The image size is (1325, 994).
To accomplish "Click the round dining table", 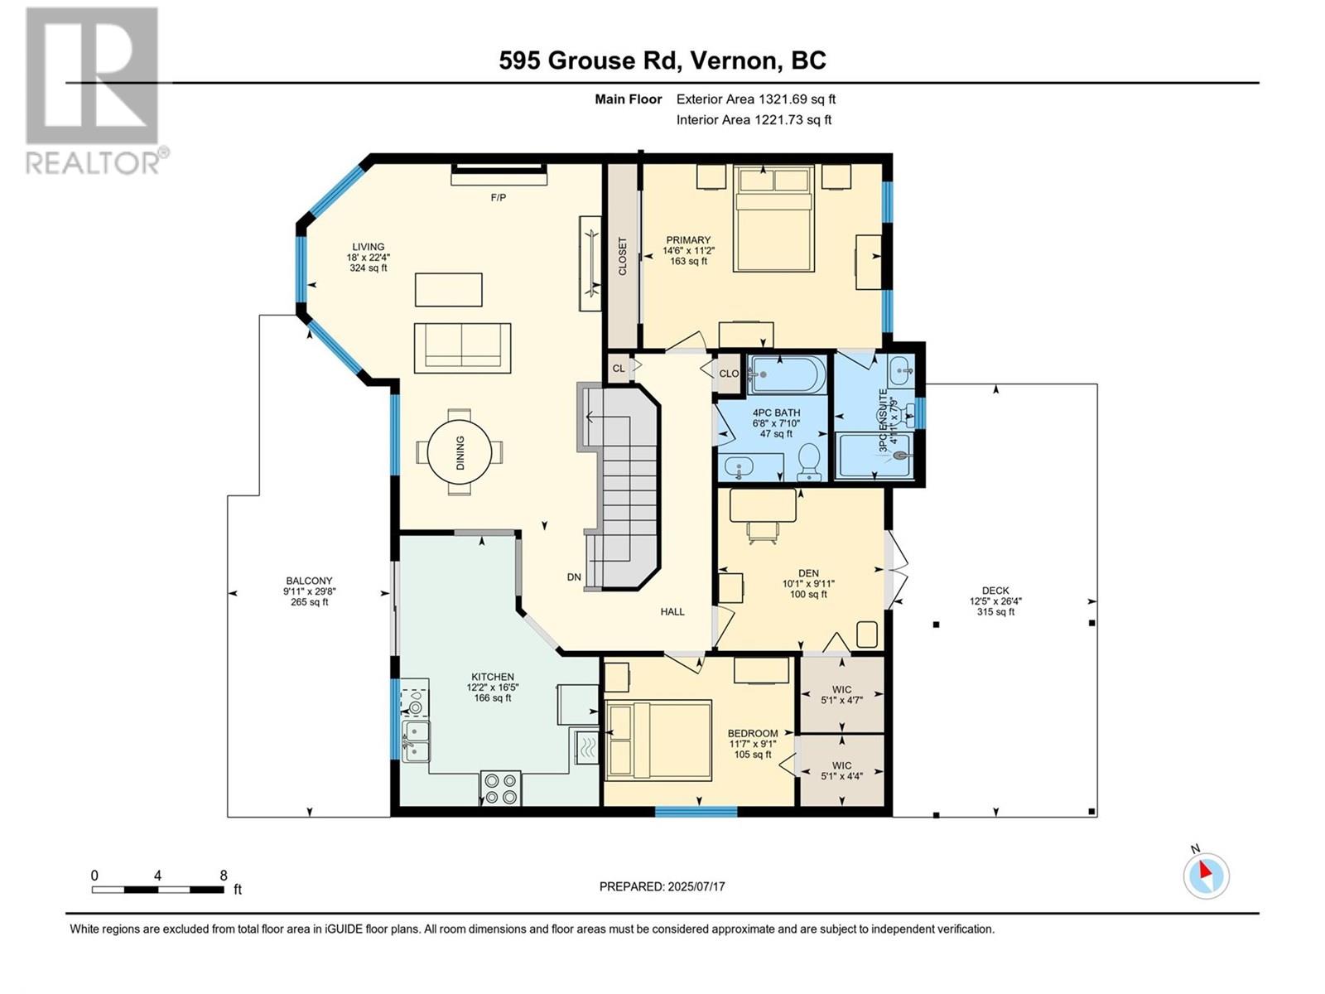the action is [460, 452].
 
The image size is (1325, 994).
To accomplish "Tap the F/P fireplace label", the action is [498, 197].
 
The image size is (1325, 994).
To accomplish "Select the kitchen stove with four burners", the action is [500, 789].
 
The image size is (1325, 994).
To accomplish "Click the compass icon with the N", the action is [1206, 875].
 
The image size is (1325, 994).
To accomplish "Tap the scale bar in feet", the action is [158, 890].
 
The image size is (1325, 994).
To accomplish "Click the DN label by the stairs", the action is [574, 577].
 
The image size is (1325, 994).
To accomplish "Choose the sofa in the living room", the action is [462, 348].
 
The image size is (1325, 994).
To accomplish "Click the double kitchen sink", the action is [416, 741].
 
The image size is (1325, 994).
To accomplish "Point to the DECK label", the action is [995, 591].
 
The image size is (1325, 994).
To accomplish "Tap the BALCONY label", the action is [309, 581].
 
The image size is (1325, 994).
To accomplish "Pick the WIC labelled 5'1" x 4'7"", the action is [842, 695].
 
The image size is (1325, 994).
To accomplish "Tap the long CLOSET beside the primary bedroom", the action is [623, 256].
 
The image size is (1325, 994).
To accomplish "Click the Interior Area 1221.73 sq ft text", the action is [754, 119].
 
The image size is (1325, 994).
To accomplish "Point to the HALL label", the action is [672, 611].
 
